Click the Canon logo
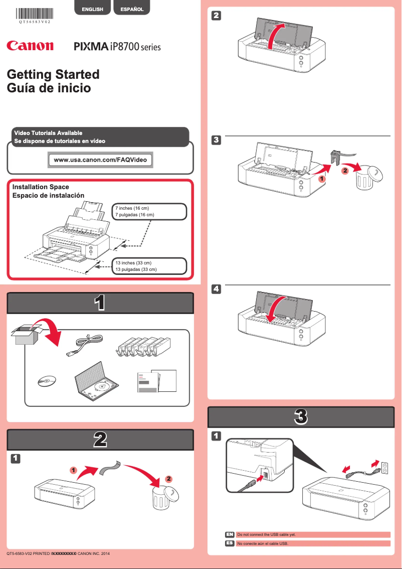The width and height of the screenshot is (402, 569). click(x=30, y=46)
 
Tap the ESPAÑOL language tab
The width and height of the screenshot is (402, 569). click(x=132, y=9)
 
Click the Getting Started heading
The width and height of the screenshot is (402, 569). click(x=53, y=74)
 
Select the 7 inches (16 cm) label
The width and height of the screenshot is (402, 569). click(x=148, y=211)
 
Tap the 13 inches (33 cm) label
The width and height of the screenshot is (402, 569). click(x=148, y=266)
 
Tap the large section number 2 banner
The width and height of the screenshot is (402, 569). click(x=100, y=440)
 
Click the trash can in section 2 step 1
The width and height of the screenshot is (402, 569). click(x=163, y=498)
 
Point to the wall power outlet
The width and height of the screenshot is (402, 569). click(x=385, y=468)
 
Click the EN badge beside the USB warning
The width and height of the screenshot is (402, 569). click(x=230, y=535)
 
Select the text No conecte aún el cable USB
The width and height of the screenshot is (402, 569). click(x=263, y=543)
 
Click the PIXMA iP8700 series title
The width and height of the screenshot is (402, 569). click(x=117, y=47)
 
